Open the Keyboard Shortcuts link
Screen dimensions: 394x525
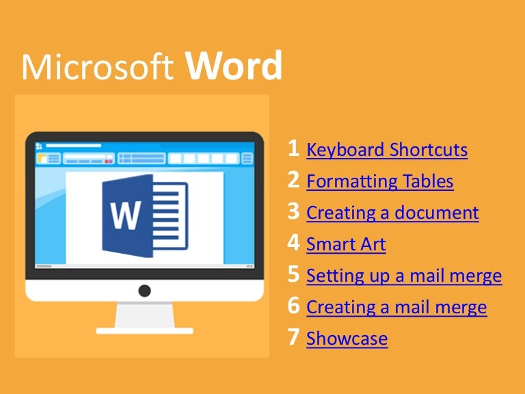(387, 150)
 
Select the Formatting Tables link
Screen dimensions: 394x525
(380, 181)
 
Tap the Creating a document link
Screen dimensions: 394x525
(392, 213)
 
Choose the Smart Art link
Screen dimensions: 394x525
(346, 244)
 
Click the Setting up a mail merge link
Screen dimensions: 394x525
(404, 276)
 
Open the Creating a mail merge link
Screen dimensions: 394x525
(396, 307)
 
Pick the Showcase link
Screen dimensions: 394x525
(347, 339)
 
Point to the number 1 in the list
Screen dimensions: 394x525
(293, 148)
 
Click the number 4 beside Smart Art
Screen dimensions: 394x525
(294, 243)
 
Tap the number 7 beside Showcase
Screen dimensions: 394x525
(294, 337)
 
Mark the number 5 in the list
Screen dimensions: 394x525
(294, 274)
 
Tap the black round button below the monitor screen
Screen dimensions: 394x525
(144, 291)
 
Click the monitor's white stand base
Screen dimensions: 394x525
(144, 330)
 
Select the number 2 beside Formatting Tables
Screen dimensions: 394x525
(294, 180)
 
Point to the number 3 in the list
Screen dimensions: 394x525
(294, 211)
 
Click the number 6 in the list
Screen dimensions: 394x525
(294, 306)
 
